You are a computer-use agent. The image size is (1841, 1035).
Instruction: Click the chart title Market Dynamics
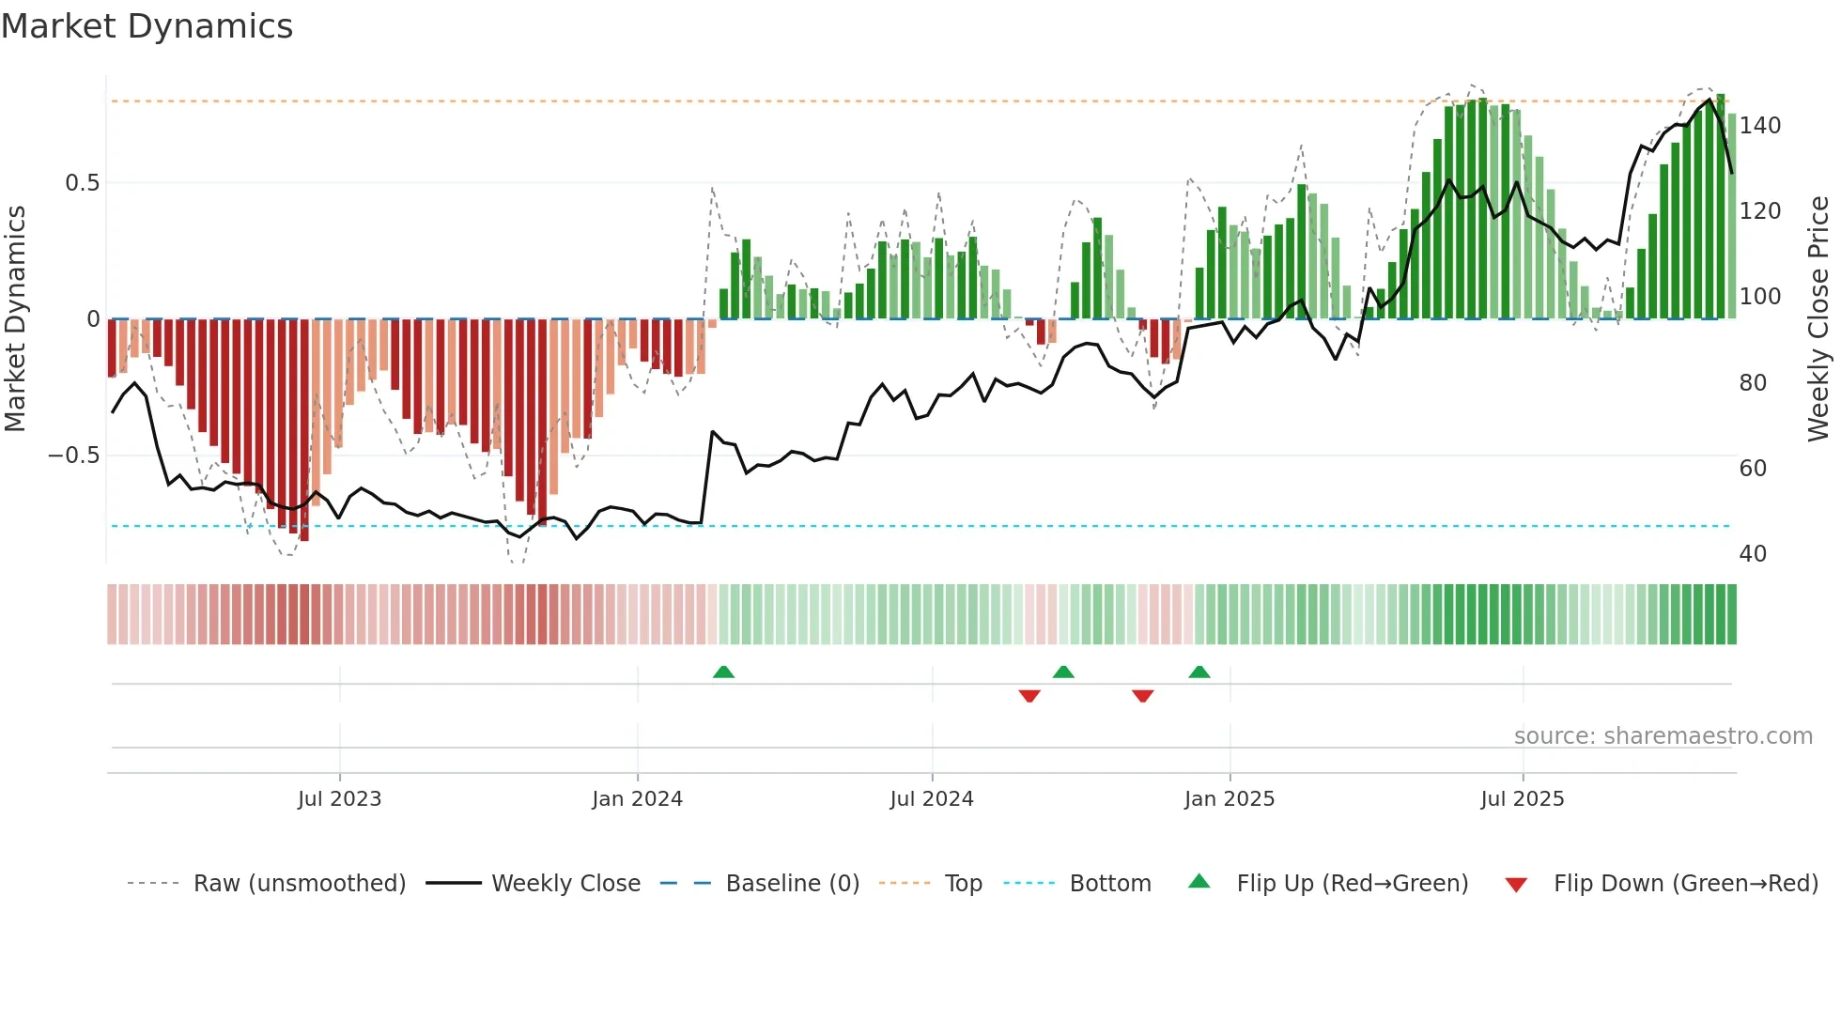[147, 26]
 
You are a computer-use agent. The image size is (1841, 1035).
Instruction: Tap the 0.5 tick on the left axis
[82, 182]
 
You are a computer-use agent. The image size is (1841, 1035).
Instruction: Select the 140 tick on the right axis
[1759, 126]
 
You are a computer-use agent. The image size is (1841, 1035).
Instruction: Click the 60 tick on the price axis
[1753, 468]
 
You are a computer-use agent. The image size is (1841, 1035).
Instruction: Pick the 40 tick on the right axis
[1753, 553]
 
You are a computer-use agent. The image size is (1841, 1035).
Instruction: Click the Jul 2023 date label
[339, 799]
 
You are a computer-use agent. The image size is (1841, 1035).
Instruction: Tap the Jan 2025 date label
[1229, 799]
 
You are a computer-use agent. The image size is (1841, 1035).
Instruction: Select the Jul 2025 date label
[1522, 799]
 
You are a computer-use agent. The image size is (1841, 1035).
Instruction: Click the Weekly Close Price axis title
[1818, 319]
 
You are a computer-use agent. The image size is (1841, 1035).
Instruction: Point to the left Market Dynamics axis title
[15, 319]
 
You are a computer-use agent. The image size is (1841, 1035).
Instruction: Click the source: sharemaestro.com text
[1663, 736]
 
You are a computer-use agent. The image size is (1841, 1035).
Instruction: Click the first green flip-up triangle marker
[723, 672]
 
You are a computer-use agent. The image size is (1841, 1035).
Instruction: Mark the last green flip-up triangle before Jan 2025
[1199, 672]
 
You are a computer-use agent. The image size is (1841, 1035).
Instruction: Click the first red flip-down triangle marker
[1029, 696]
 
